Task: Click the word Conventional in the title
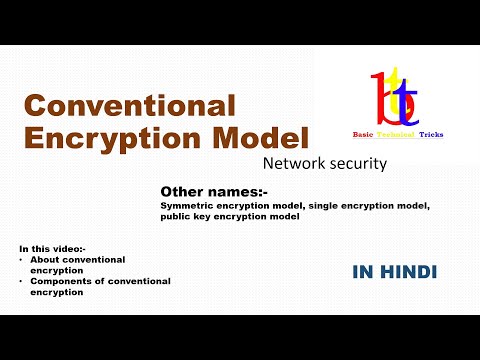[x=129, y=105]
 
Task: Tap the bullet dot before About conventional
[x=22, y=259]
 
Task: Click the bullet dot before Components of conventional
[x=22, y=281]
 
